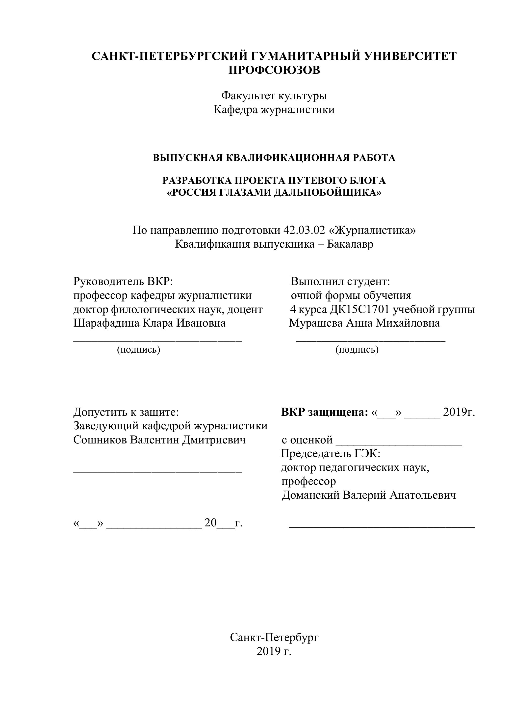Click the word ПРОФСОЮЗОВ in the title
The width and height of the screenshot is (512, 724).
pyautogui.click(x=274, y=70)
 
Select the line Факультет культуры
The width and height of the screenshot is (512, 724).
pyautogui.click(x=274, y=95)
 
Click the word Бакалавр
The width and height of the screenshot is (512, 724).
pyautogui.click(x=350, y=244)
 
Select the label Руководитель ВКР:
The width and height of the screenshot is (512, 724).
pyautogui.click(x=124, y=281)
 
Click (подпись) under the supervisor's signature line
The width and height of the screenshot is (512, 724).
pyautogui.click(x=139, y=350)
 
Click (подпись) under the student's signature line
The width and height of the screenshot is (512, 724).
pyautogui.click(x=357, y=350)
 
